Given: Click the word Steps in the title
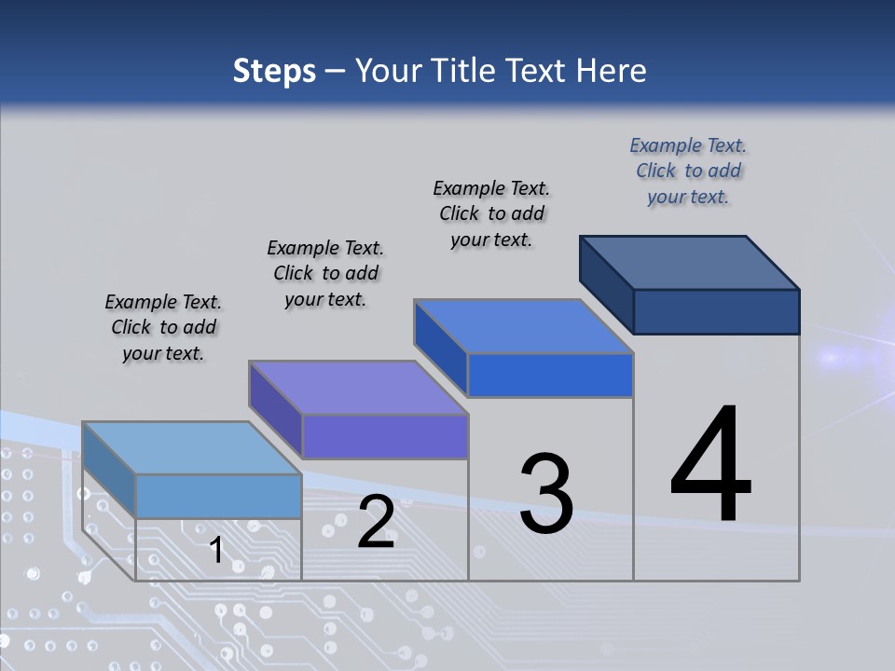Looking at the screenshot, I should pyautogui.click(x=274, y=71).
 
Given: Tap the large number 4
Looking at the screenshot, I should pyautogui.click(x=711, y=466).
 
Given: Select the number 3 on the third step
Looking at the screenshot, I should pyautogui.click(x=546, y=494).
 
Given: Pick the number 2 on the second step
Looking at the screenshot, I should pyautogui.click(x=376, y=522).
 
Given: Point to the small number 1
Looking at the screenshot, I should pyautogui.click(x=216, y=550).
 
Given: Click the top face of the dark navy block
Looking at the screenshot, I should pyautogui.click(x=690, y=262).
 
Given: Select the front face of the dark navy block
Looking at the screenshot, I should pyautogui.click(x=716, y=311).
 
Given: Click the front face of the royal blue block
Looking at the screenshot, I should pyautogui.click(x=550, y=376).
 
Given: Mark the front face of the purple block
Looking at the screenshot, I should pyautogui.click(x=384, y=437).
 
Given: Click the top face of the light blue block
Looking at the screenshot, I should pyautogui.click(x=192, y=448).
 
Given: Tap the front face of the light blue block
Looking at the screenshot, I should pyautogui.click(x=218, y=496).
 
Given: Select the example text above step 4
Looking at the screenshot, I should pyautogui.click(x=688, y=171).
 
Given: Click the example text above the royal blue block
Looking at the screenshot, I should pyautogui.click(x=491, y=213).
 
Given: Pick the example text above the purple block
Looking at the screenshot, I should pyautogui.click(x=325, y=273).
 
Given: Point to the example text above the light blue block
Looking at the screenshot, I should pyautogui.click(x=163, y=327).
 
